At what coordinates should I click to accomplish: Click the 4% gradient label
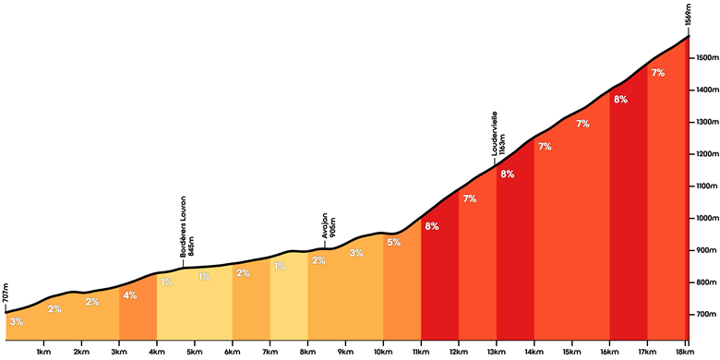pyautogui.click(x=130, y=295)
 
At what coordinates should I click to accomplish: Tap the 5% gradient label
pyautogui.click(x=393, y=242)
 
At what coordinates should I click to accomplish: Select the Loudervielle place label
pyautogui.click(x=495, y=132)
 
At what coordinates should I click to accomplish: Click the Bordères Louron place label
pyautogui.click(x=183, y=226)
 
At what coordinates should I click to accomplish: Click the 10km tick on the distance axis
pyautogui.click(x=383, y=342)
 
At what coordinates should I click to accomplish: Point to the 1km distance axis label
pyautogui.click(x=43, y=353)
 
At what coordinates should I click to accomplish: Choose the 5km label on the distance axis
pyautogui.click(x=195, y=353)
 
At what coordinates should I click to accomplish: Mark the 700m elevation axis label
pyautogui.click(x=707, y=315)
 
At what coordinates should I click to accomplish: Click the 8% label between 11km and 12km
pyautogui.click(x=432, y=226)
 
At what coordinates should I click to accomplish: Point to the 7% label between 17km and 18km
pyautogui.click(x=658, y=72)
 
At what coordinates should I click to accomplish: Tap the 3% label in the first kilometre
pyautogui.click(x=16, y=322)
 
